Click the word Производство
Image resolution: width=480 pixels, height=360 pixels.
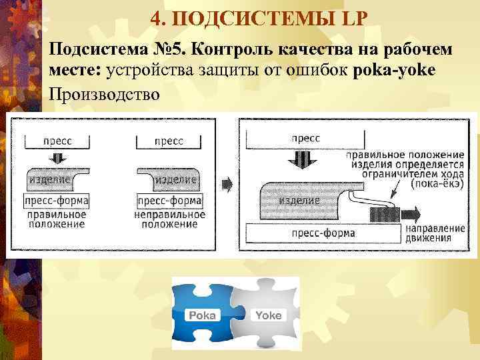click(105, 93)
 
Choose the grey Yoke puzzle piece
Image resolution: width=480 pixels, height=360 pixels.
click(267, 313)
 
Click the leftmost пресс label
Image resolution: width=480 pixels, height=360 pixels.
click(57, 141)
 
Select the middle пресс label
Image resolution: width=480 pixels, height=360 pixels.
click(169, 141)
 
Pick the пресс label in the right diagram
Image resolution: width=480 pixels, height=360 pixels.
click(305, 138)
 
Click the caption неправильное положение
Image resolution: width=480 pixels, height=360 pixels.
click(169, 219)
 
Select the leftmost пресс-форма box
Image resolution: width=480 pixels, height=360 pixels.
click(57, 201)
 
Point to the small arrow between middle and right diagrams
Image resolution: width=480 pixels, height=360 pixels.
click(227, 182)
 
